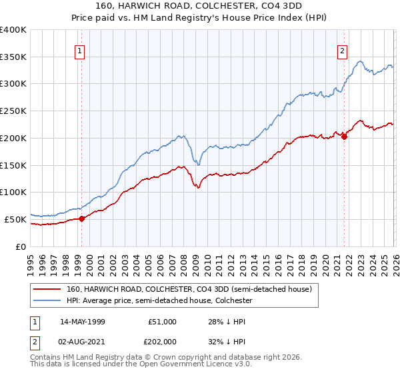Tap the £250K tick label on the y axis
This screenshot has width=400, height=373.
(x=13, y=111)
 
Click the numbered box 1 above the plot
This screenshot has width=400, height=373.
(x=80, y=51)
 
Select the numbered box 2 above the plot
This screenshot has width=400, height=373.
(x=343, y=51)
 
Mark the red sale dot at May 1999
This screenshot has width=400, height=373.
(x=81, y=218)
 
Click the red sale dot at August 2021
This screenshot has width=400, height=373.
(x=345, y=137)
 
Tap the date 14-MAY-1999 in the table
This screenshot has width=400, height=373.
(x=82, y=322)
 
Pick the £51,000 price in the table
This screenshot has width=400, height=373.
(x=162, y=322)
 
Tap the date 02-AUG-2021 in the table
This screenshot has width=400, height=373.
(x=82, y=342)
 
